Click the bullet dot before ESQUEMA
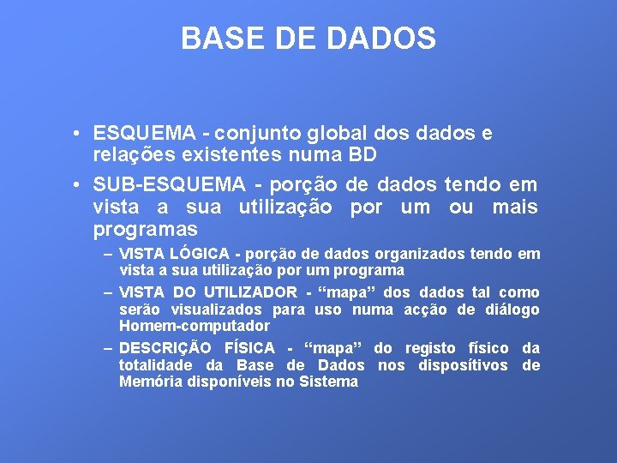point(77,134)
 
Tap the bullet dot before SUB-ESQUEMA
point(77,184)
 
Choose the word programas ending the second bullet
point(145,230)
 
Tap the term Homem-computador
point(194,326)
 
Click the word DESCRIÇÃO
point(167,348)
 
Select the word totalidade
point(155,365)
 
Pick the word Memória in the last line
point(151,382)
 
